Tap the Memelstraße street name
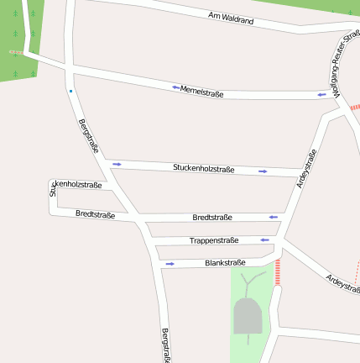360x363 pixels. [202, 92]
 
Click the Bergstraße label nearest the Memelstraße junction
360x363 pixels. [88, 135]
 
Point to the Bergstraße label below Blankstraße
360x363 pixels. [166, 345]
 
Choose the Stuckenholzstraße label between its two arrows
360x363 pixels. [204, 169]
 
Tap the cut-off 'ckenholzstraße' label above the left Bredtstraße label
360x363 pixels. [76, 186]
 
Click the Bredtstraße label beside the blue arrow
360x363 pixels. [212, 217]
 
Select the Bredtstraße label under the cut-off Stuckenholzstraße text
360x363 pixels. [95, 214]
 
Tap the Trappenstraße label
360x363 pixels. [214, 240]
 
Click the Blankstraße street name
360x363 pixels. [225, 263]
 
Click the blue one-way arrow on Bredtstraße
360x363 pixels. [273, 217]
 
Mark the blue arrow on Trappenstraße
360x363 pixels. [264, 239]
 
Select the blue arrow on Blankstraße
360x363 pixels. [170, 264]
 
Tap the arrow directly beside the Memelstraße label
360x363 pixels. [176, 87]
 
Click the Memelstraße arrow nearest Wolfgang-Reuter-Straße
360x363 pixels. [321, 95]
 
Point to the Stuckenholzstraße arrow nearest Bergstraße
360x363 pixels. [117, 164]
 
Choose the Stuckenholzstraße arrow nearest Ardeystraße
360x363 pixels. [263, 171]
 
